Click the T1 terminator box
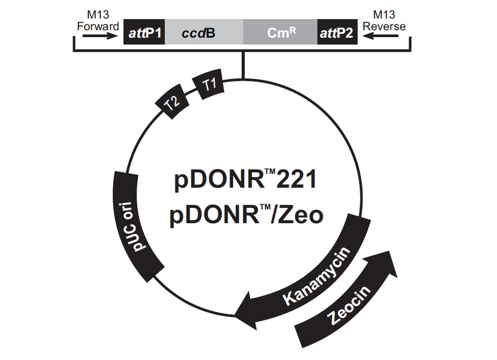pos(210,85)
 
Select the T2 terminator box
pos(173,102)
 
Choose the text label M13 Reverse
pos(388,21)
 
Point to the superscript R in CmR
pos(290,30)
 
